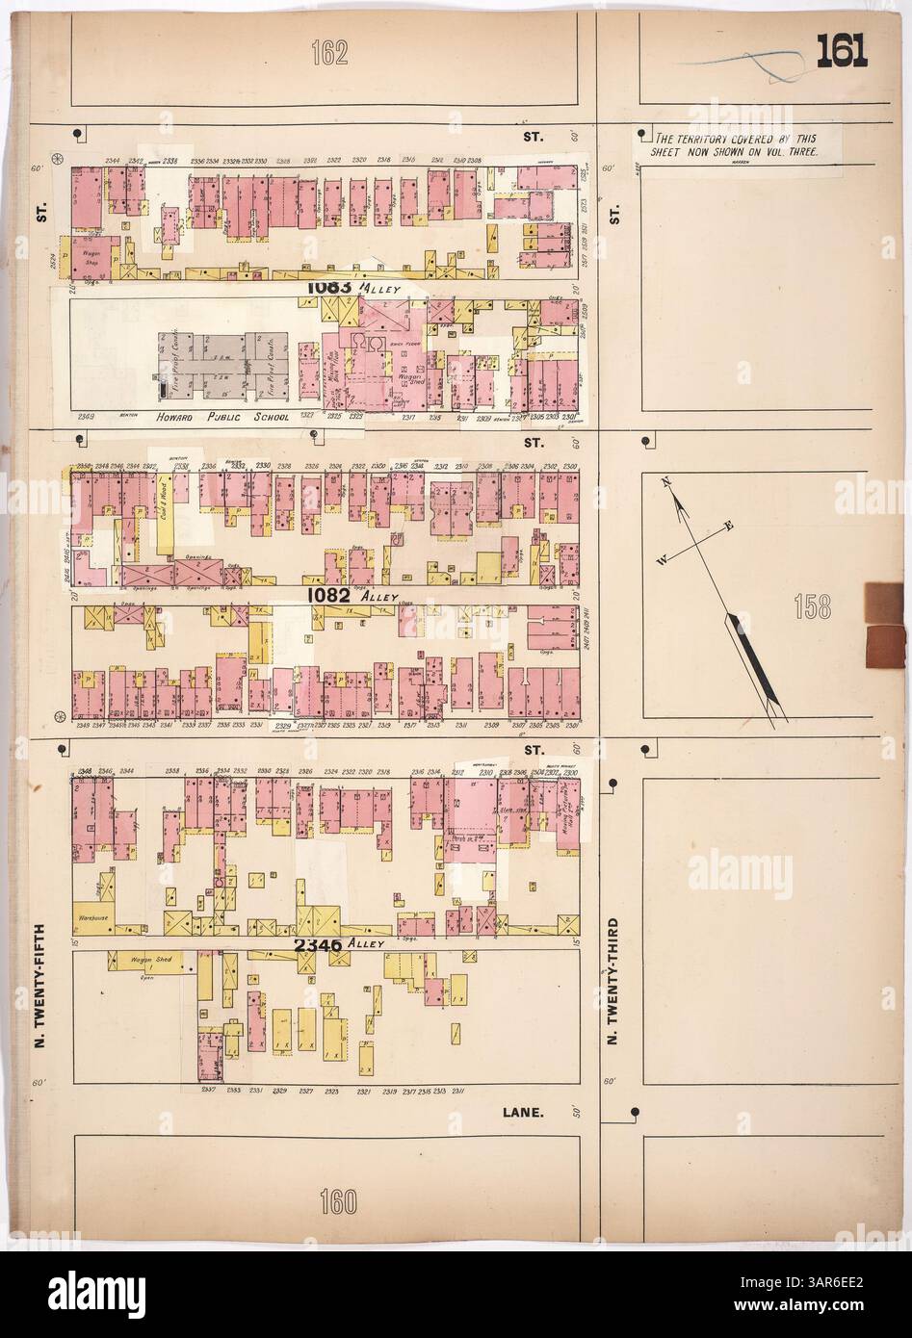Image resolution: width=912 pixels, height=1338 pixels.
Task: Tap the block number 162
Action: [329, 56]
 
